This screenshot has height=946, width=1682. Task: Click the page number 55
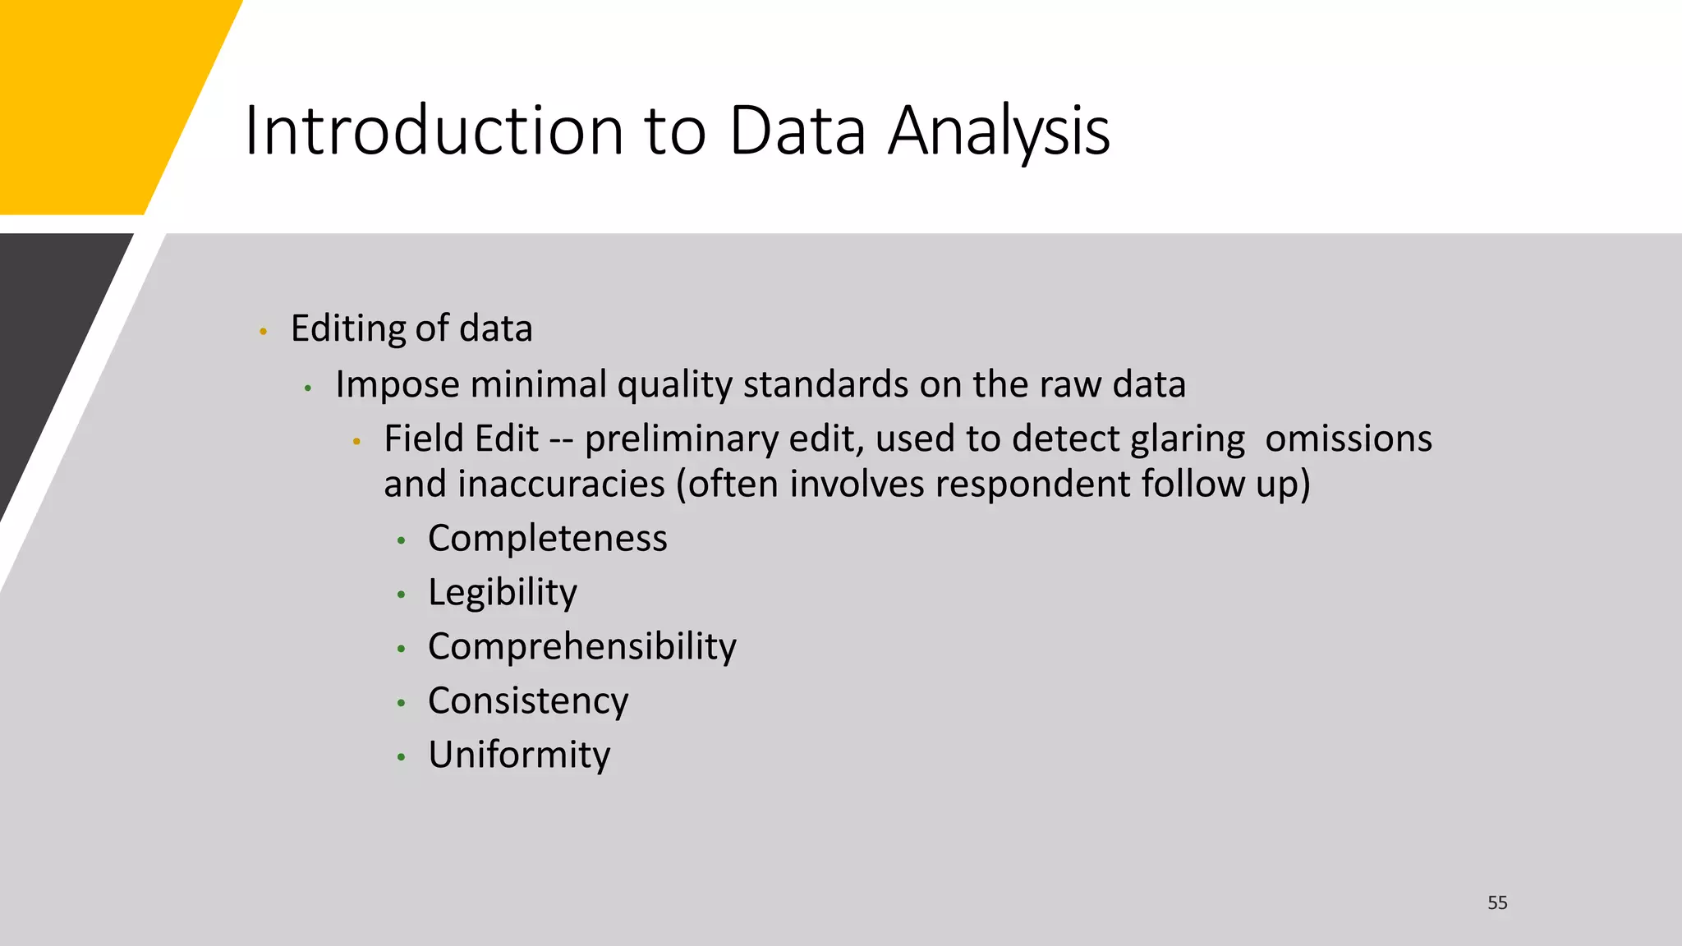pyautogui.click(x=1497, y=902)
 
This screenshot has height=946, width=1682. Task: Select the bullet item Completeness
pyautogui.click(x=547, y=539)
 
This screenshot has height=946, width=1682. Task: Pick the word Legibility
pyautogui.click(x=502, y=593)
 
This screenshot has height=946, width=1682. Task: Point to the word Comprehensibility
pyautogui.click(x=581, y=647)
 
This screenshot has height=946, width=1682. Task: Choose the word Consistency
pyautogui.click(x=527, y=701)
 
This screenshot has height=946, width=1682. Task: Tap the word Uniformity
pyautogui.click(x=518, y=755)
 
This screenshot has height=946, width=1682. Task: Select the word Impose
pyautogui.click(x=397, y=384)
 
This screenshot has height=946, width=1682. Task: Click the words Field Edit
pyautogui.click(x=460, y=439)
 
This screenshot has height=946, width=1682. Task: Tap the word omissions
pyautogui.click(x=1348, y=439)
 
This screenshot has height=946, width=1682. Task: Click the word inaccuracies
pyautogui.click(x=561, y=484)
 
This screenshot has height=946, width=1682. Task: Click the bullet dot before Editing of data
pyautogui.click(x=263, y=332)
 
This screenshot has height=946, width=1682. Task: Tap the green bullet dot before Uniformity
pyautogui.click(x=401, y=757)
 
